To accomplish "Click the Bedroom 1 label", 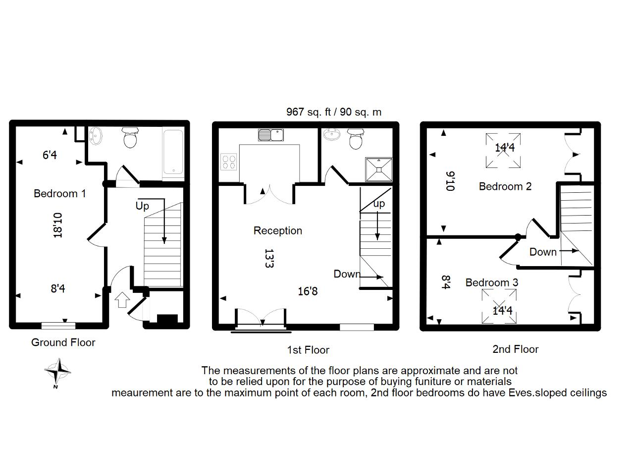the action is [60, 194].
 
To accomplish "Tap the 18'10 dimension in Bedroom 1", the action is [57, 225].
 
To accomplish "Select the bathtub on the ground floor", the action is [173, 152].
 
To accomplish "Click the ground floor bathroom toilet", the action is [130, 138].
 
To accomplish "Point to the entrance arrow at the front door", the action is [122, 300].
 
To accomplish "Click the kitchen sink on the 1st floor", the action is [271, 135].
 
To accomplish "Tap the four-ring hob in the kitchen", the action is [229, 162].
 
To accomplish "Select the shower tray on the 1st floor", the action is [379, 169].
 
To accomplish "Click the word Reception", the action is [278, 231].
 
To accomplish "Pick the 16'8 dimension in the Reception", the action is [308, 291].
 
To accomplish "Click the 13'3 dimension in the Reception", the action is [269, 259].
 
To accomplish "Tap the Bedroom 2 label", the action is [505, 186].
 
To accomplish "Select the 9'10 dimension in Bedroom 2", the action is [450, 181].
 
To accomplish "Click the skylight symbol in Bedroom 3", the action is [499, 306].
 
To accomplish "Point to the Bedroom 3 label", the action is [492, 282].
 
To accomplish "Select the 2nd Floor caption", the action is [516, 349].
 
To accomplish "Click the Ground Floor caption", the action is [63, 342].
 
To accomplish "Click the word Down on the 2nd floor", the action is [543, 252].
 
